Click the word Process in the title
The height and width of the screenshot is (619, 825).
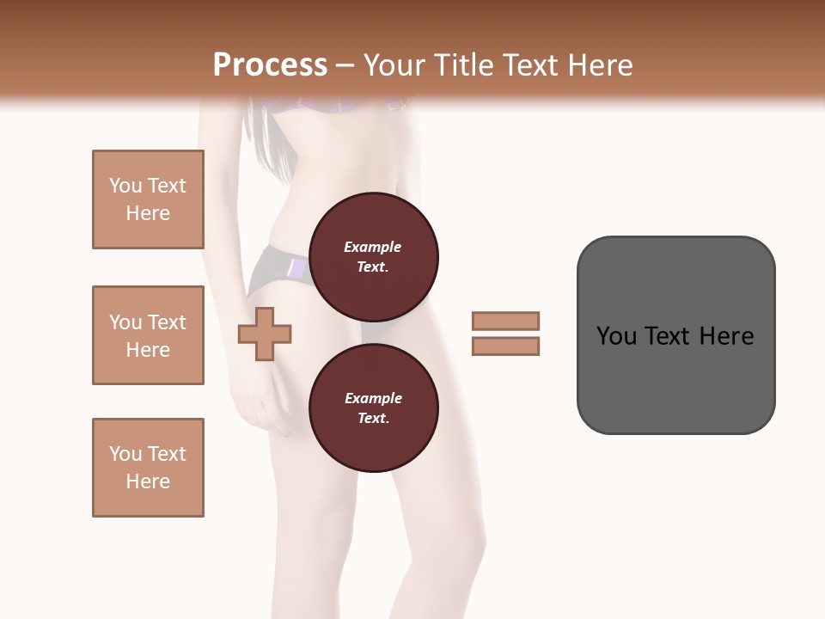coord(270,64)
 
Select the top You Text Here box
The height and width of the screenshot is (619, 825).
coord(148,199)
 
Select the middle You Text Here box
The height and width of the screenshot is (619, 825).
coord(148,335)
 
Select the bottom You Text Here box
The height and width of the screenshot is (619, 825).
coord(148,468)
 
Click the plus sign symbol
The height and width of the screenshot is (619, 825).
coord(264,334)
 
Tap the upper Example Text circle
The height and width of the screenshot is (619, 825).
coord(373,257)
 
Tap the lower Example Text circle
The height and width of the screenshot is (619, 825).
coord(373,408)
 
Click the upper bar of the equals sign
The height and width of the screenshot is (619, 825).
coord(505,321)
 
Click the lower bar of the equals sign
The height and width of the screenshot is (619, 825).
coord(505,346)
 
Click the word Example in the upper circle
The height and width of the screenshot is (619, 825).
coord(373,247)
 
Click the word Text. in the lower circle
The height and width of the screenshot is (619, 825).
coord(373,418)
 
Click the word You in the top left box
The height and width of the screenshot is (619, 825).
coord(125,186)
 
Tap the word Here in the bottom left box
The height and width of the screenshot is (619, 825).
coord(148,481)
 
